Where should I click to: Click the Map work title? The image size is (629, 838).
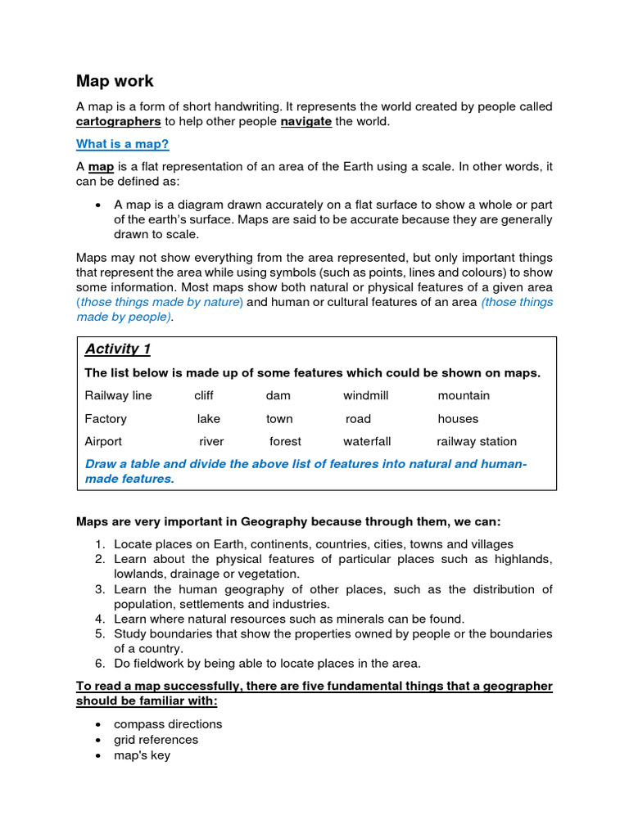115,81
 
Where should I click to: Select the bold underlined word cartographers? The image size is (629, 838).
118,121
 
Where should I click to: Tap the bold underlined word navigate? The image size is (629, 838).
305,121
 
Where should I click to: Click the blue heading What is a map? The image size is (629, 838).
122,144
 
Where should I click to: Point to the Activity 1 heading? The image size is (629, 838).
118,349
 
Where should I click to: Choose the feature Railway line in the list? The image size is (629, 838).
118,395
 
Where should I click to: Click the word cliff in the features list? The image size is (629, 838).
204,395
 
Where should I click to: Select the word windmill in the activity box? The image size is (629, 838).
365,395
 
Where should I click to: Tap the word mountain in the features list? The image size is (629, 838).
464,395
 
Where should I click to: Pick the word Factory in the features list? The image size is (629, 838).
106,418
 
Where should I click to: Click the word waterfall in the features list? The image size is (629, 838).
367,441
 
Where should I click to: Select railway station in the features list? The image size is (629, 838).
477,441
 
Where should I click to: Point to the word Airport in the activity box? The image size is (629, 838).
103,441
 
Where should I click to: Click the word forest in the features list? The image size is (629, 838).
285,441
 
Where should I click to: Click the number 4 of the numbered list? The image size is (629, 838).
98,619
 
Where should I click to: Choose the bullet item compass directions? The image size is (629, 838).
168,724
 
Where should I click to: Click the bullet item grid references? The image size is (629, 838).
156,740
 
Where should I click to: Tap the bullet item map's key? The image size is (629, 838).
143,755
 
